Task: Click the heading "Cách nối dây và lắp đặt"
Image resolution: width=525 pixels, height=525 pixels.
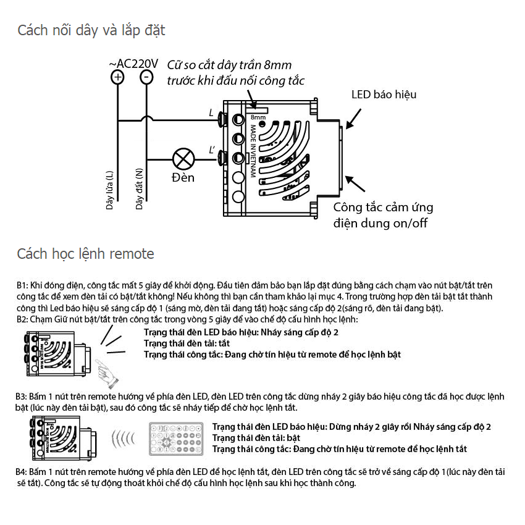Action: [x=91, y=30]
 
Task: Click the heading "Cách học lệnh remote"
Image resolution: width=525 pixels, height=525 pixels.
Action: [x=85, y=254]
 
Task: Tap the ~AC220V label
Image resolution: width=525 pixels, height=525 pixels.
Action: [x=133, y=64]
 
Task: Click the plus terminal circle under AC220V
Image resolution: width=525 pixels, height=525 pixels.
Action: [x=117, y=77]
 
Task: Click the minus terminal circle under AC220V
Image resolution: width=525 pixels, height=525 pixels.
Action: [x=146, y=77]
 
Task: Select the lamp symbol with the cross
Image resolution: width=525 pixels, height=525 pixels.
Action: [x=182, y=159]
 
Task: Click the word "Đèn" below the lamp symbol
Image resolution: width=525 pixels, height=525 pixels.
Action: [x=183, y=178]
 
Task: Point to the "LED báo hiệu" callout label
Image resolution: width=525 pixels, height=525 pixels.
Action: [x=384, y=94]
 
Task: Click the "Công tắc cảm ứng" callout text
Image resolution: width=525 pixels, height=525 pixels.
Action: [x=383, y=208]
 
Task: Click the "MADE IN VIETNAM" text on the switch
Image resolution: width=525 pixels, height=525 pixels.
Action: [x=253, y=151]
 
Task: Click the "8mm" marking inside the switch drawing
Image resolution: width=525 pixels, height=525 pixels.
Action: [x=258, y=117]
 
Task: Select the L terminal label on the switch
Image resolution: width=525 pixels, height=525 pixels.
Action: [x=211, y=113]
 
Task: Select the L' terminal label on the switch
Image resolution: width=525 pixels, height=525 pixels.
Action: [x=212, y=150]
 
